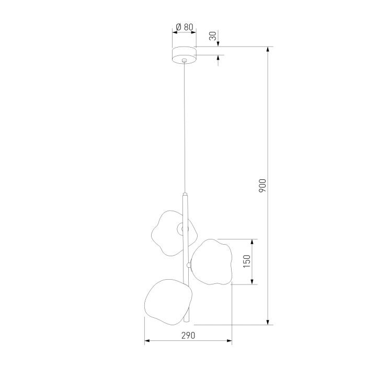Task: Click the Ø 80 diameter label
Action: pyautogui.click(x=185, y=27)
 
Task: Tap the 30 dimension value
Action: pyautogui.click(x=213, y=36)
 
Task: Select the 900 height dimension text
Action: pyautogui.click(x=262, y=186)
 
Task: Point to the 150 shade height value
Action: pyautogui.click(x=246, y=261)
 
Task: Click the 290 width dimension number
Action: pyautogui.click(x=188, y=336)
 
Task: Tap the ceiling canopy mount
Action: pyautogui.click(x=184, y=55)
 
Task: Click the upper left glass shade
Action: pyautogui.click(x=174, y=233)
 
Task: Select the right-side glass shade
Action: pyautogui.click(x=212, y=261)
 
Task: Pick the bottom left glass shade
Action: pyautogui.click(x=168, y=302)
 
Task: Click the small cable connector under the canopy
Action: pyautogui.click(x=185, y=60)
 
